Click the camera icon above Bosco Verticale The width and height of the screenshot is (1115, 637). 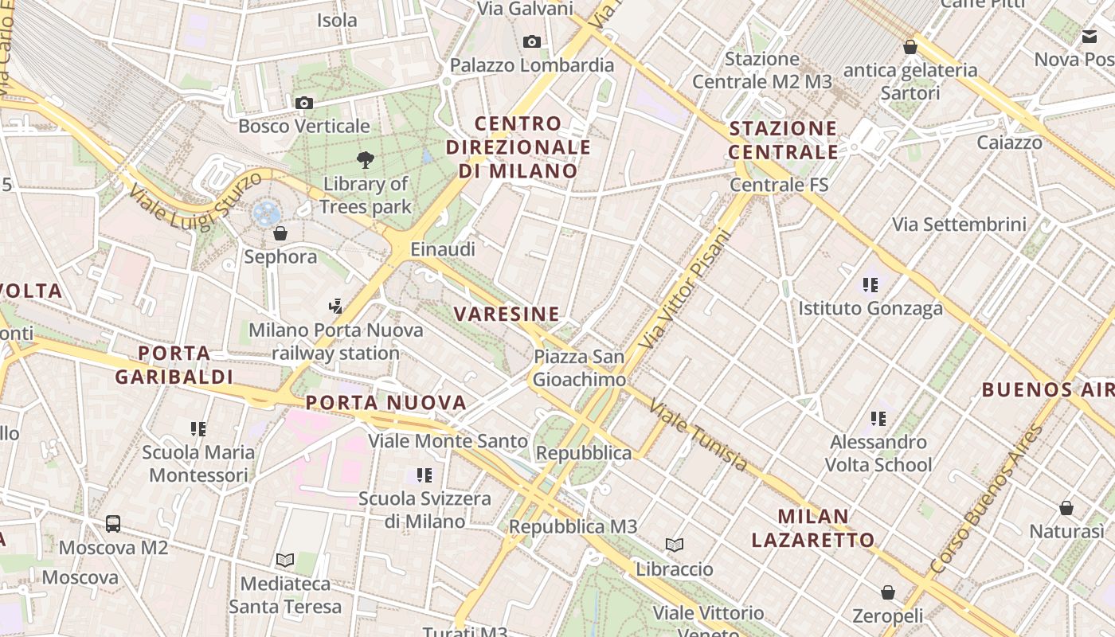[x=303, y=103]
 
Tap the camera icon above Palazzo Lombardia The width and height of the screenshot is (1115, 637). [x=532, y=41]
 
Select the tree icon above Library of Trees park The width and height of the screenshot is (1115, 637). [x=366, y=160]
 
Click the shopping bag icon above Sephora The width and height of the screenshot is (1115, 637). [x=280, y=233]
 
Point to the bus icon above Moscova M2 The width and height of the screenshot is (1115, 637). [x=113, y=524]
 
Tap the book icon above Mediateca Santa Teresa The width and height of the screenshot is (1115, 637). [x=284, y=560]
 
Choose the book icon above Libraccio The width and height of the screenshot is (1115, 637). [x=675, y=545]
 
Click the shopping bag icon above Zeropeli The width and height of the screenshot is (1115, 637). [x=888, y=592]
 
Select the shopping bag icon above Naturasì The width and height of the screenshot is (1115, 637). [x=1066, y=508]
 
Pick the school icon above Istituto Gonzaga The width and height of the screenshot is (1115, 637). [x=870, y=284]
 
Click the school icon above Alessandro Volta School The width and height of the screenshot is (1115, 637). [x=878, y=418]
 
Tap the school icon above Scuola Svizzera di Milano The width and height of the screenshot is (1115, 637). [x=424, y=475]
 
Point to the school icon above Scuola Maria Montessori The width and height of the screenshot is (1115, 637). [x=198, y=429]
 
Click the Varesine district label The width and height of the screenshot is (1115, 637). [x=507, y=314]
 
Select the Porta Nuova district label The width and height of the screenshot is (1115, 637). [x=386, y=403]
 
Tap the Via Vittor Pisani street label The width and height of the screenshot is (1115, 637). [x=685, y=289]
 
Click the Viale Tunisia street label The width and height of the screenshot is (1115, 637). [x=698, y=436]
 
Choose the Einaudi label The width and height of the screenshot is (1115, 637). [x=443, y=249]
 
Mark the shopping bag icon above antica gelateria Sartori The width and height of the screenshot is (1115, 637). [x=910, y=47]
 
